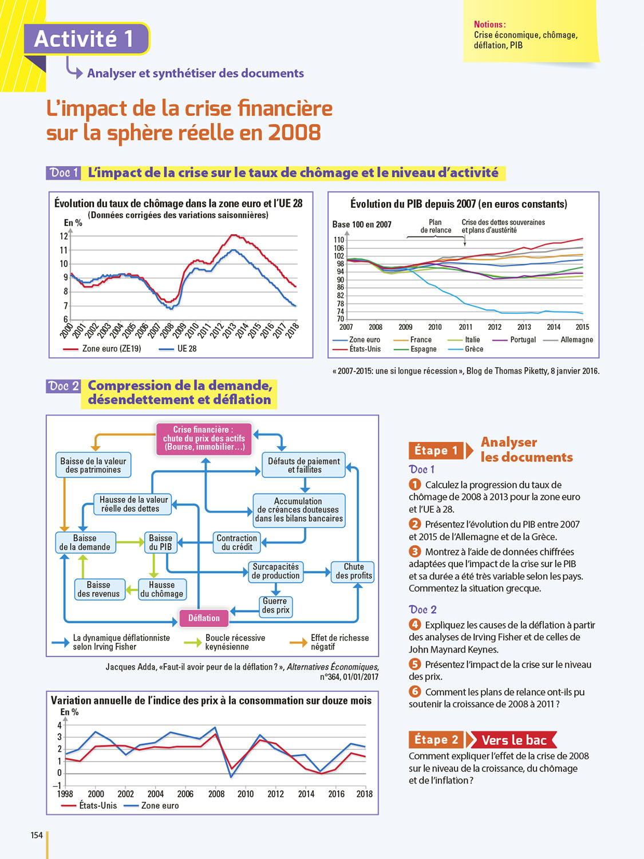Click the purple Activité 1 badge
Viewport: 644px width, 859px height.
(86, 39)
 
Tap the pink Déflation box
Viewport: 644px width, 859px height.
(204, 618)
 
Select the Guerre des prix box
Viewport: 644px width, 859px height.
(275, 606)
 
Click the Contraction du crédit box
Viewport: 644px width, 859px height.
(237, 542)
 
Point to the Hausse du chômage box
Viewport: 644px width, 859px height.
(162, 589)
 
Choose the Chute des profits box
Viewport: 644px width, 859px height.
(353, 571)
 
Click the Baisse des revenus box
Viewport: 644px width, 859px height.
(98, 589)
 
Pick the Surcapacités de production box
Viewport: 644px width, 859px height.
(275, 571)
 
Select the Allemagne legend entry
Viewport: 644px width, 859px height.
(576, 340)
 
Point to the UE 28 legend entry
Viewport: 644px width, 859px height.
(186, 348)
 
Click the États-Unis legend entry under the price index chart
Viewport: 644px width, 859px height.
(97, 805)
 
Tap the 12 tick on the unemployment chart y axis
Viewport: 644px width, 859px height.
(64, 236)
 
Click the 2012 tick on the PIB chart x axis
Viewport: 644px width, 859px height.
(495, 327)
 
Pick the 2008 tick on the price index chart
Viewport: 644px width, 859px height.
(216, 794)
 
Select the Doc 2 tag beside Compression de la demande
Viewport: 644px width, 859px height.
(64, 386)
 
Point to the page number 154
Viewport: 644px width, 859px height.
(37, 835)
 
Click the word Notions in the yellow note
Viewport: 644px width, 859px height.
(489, 25)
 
